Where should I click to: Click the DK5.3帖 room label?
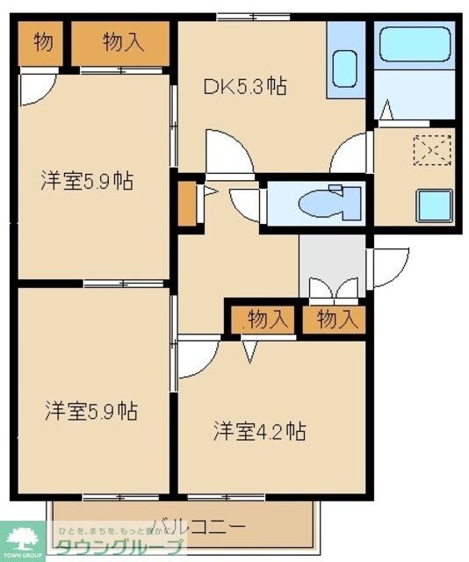click(x=246, y=86)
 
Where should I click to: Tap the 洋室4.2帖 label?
click(x=260, y=431)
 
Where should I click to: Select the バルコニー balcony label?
click(x=198, y=527)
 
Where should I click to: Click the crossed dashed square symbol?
click(x=429, y=152)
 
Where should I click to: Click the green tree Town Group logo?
click(x=25, y=537)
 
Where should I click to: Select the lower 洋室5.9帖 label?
click(x=91, y=409)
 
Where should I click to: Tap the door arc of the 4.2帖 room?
click(x=197, y=360)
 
